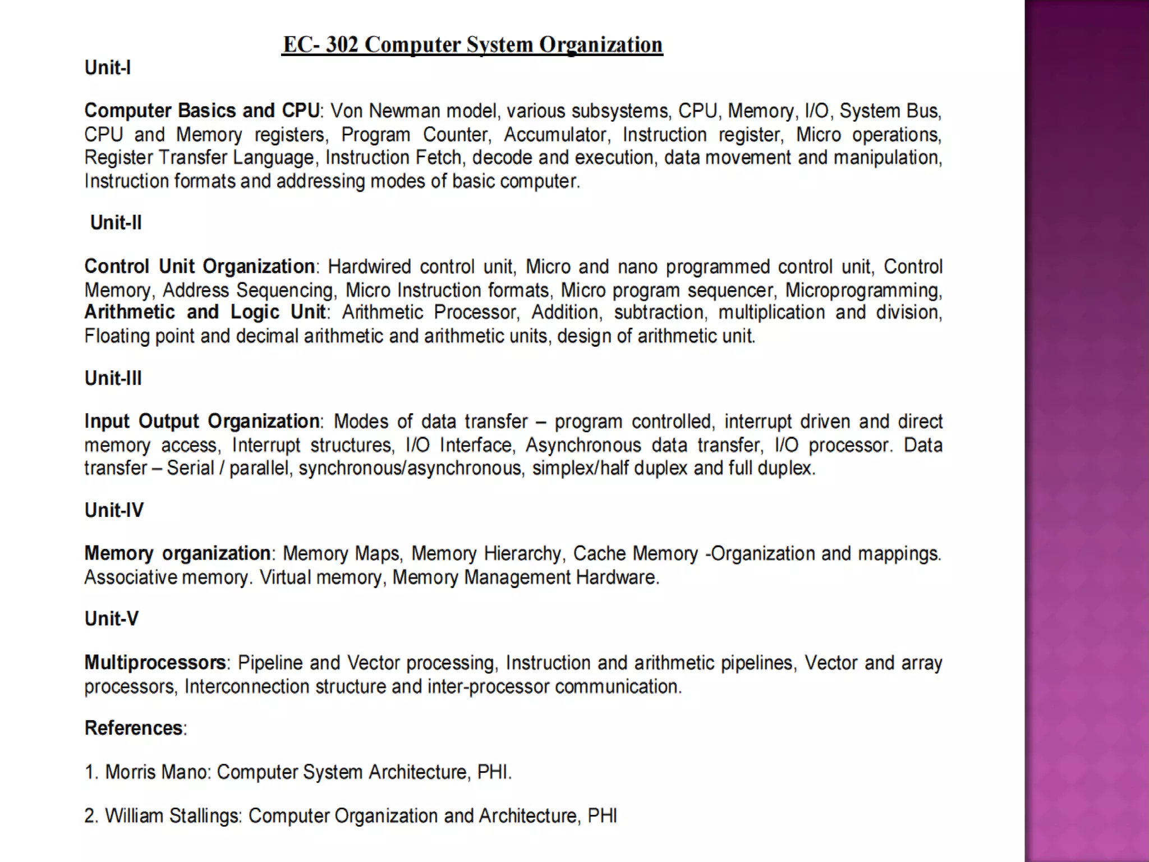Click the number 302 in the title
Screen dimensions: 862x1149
[342, 44]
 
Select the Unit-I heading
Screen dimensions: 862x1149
[108, 68]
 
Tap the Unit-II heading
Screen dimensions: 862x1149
[116, 223]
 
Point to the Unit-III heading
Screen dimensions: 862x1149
[113, 378]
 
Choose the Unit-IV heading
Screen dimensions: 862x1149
[114, 510]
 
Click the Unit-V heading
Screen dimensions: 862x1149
[112, 618]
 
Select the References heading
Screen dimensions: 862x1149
[134, 728]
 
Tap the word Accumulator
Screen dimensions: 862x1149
[556, 135]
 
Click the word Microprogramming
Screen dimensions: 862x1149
[863, 290]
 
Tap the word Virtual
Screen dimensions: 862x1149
[285, 577]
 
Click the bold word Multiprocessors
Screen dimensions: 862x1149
[155, 663]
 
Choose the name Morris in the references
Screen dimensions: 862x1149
[131, 772]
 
